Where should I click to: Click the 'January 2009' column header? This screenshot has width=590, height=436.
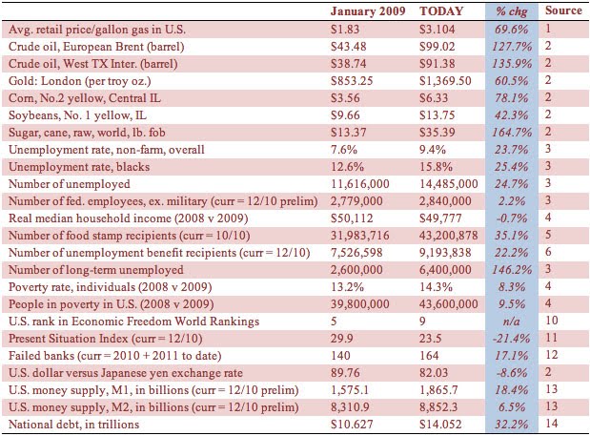[x=368, y=10]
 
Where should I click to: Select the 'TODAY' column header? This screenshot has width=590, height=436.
[x=441, y=10]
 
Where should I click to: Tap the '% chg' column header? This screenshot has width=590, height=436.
[x=511, y=11]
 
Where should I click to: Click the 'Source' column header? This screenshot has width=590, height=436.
[x=563, y=10]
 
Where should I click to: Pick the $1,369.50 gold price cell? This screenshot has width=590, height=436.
[x=445, y=81]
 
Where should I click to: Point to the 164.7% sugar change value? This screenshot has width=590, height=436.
[x=512, y=133]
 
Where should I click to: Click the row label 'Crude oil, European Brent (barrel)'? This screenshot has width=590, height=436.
[x=96, y=47]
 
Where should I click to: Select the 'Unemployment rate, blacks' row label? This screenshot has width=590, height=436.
[x=79, y=167]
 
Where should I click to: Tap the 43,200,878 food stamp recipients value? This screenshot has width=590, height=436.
[x=449, y=236]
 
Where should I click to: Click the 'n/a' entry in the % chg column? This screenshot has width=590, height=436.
[x=511, y=322]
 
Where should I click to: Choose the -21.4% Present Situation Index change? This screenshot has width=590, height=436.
[x=511, y=339]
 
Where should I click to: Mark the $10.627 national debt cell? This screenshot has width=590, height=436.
[x=352, y=425]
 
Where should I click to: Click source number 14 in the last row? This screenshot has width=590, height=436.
[x=551, y=424]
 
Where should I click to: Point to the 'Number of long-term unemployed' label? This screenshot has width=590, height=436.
[x=96, y=270]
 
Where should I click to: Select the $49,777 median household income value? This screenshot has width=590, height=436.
[x=440, y=218]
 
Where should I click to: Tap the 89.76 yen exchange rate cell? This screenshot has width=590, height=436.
[x=345, y=373]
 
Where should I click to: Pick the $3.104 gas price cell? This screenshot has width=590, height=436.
[x=437, y=30]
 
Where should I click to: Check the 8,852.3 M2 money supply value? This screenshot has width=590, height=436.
[x=438, y=407]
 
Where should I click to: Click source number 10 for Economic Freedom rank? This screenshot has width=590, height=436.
[x=551, y=321]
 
